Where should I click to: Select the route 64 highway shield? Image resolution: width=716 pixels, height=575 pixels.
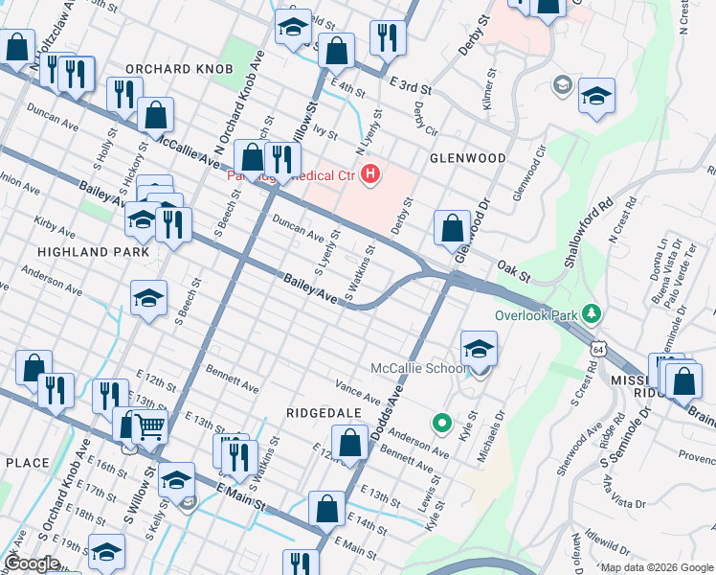(598, 343)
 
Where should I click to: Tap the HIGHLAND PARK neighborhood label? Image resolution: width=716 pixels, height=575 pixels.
(93, 251)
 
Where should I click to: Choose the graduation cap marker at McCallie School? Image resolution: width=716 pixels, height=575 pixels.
(479, 349)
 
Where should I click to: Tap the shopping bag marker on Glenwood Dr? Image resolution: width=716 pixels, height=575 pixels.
(452, 229)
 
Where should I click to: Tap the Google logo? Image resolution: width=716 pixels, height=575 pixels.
(32, 563)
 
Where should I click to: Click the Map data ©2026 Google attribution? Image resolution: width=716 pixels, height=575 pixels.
(656, 567)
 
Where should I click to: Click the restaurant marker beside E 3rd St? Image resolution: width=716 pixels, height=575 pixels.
(388, 38)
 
